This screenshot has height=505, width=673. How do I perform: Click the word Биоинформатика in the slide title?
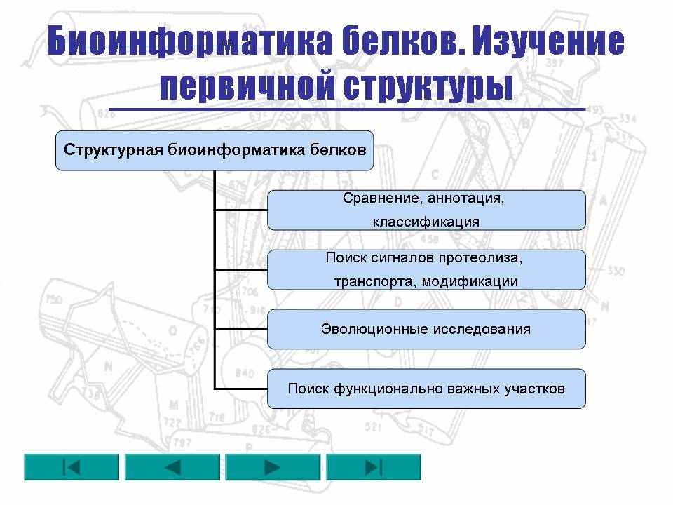(190, 41)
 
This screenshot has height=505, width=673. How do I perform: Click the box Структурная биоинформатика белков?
(215, 151)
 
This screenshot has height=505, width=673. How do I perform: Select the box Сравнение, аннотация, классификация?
(426, 210)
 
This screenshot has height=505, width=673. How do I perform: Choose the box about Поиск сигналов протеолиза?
(426, 269)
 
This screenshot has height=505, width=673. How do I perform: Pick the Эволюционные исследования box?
(426, 329)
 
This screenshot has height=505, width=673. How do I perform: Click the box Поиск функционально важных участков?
(426, 389)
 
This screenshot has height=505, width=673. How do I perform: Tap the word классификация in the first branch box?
(426, 222)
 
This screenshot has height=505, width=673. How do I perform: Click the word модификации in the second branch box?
(470, 282)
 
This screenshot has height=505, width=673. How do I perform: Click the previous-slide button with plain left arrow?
(172, 467)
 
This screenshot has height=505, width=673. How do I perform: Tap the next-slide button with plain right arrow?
(273, 467)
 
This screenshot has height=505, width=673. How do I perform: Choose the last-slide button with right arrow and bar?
(374, 467)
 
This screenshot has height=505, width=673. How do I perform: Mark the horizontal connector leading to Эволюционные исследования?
(240, 330)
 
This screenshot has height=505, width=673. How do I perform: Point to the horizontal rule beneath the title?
(347, 109)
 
